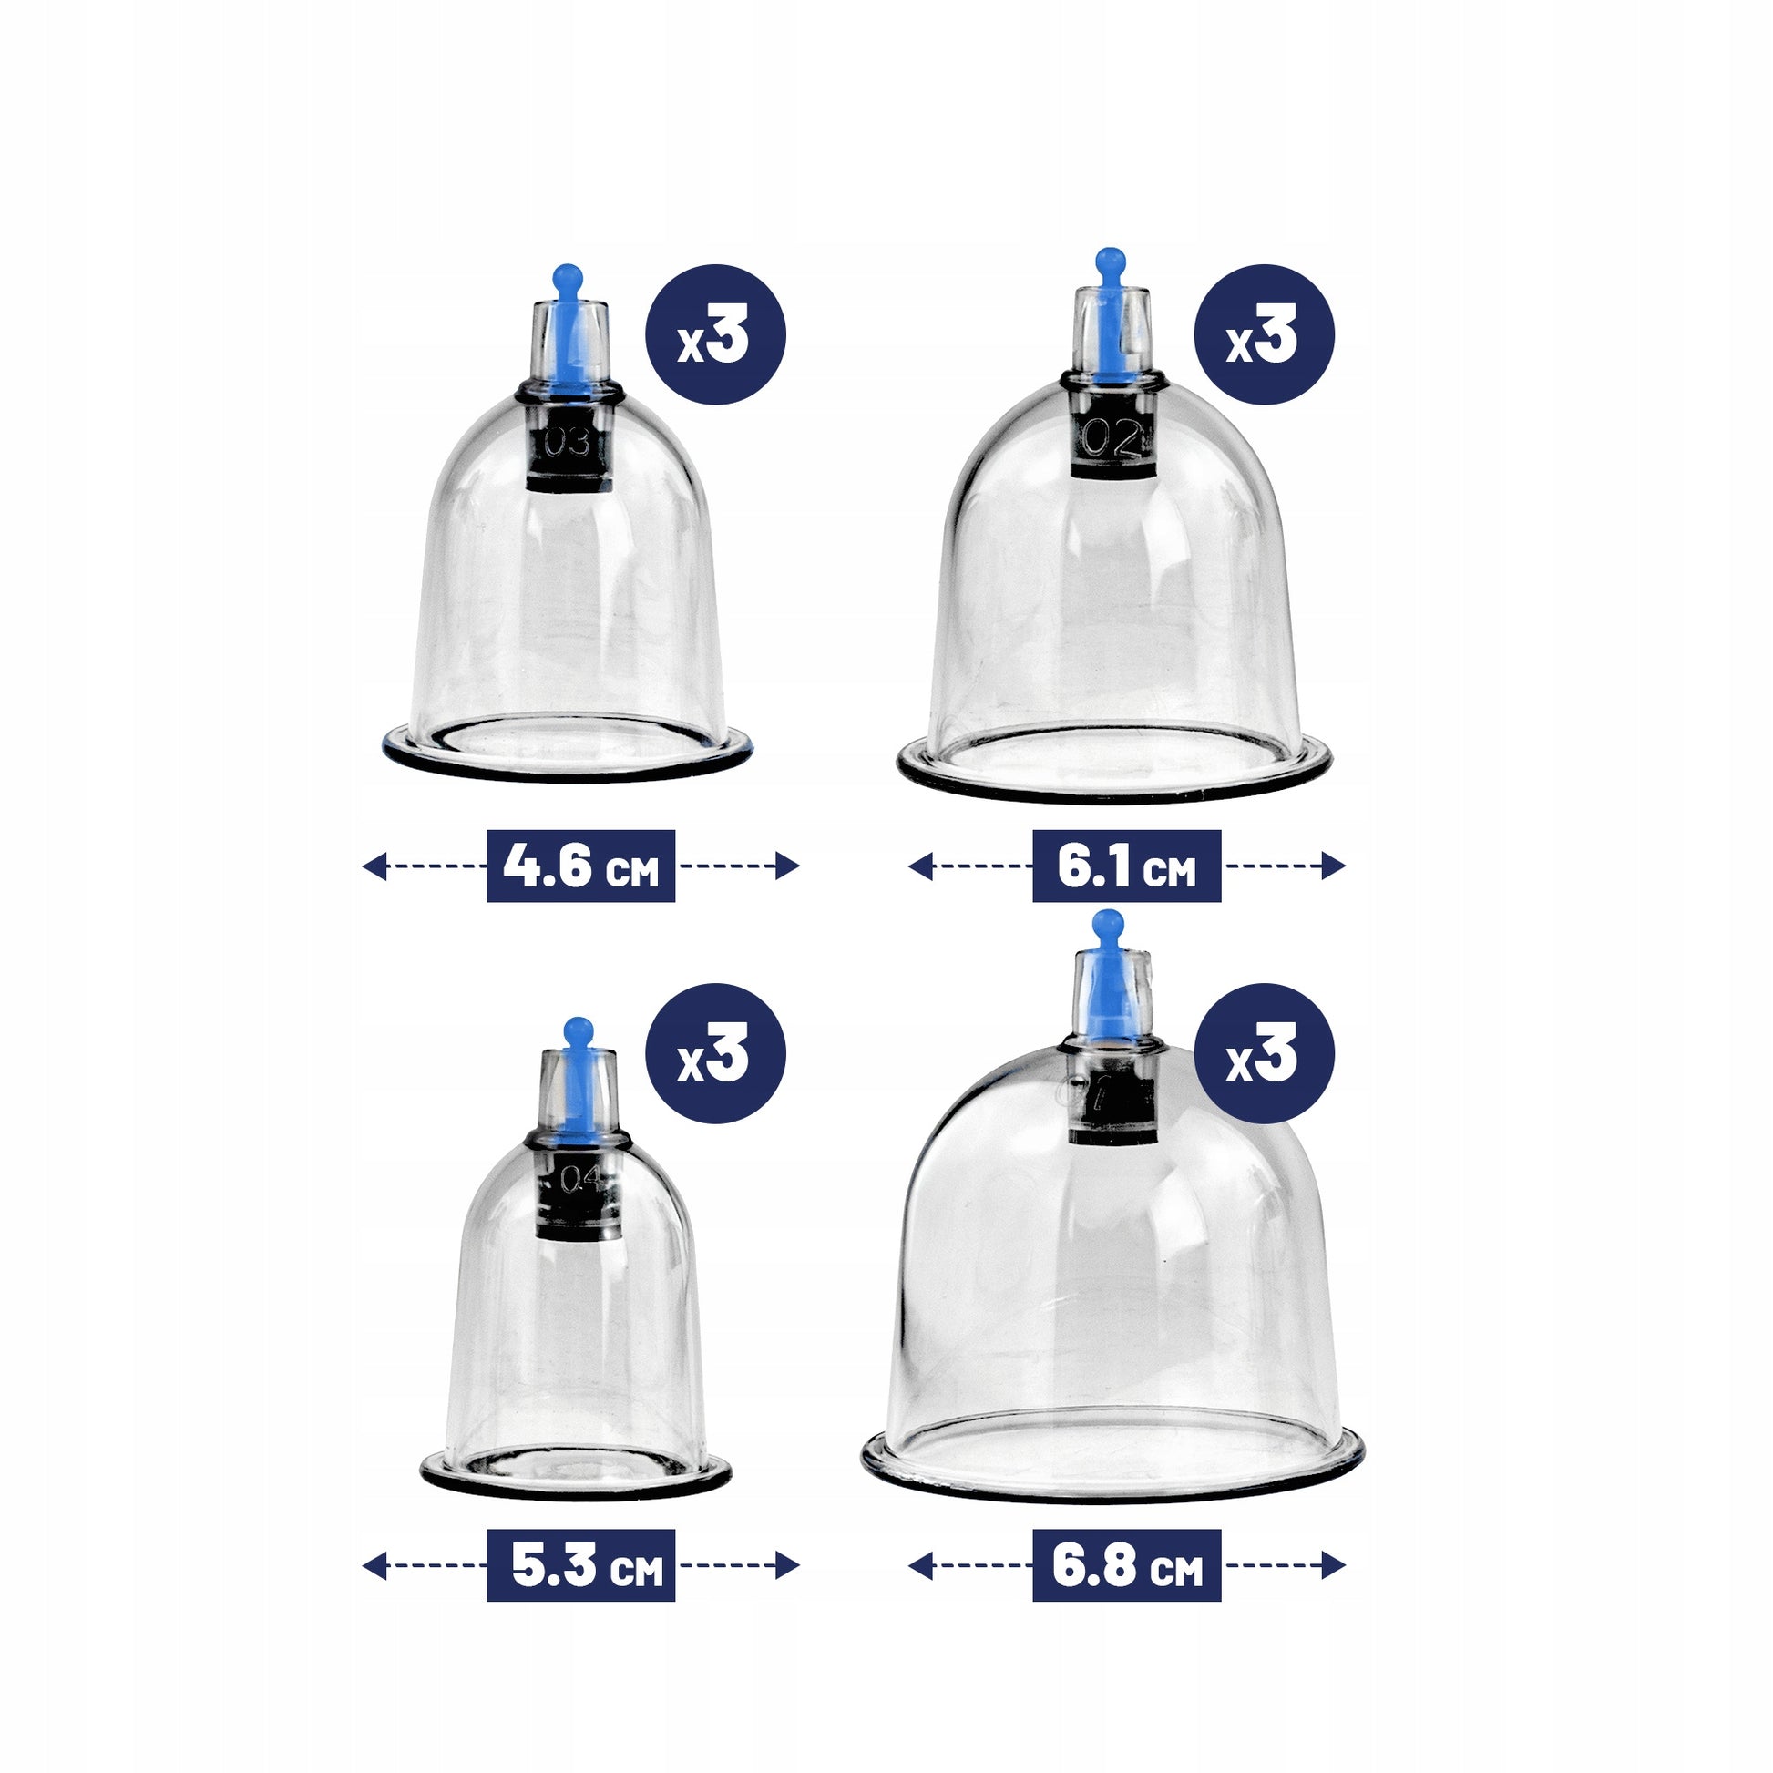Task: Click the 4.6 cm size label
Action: pyautogui.click(x=581, y=866)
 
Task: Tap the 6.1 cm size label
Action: pyautogui.click(x=1126, y=866)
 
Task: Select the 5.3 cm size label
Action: pyautogui.click(x=581, y=1564)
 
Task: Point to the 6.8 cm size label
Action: pyautogui.click(x=1126, y=1564)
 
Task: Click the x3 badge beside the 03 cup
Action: pyautogui.click(x=716, y=335)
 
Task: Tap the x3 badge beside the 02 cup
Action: pyautogui.click(x=1264, y=335)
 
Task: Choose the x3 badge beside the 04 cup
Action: pyautogui.click(x=716, y=1053)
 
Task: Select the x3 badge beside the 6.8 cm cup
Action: pyautogui.click(x=1264, y=1053)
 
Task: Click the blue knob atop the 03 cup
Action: pyautogui.click(x=567, y=275)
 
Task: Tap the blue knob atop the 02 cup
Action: pyautogui.click(x=1111, y=261)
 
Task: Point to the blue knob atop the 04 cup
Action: pyautogui.click(x=579, y=1031)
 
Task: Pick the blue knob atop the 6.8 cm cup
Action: pyautogui.click(x=1109, y=924)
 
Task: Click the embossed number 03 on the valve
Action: pyautogui.click(x=567, y=443)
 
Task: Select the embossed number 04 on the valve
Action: pyautogui.click(x=580, y=1178)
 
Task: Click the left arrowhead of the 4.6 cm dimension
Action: pyautogui.click(x=374, y=866)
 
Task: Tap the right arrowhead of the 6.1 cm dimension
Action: pyautogui.click(x=1334, y=866)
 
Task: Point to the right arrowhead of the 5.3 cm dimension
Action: pyautogui.click(x=787, y=1564)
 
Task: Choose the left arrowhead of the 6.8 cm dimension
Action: pyautogui.click(x=920, y=1564)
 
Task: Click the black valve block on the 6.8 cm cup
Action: pyautogui.click(x=1113, y=1098)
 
